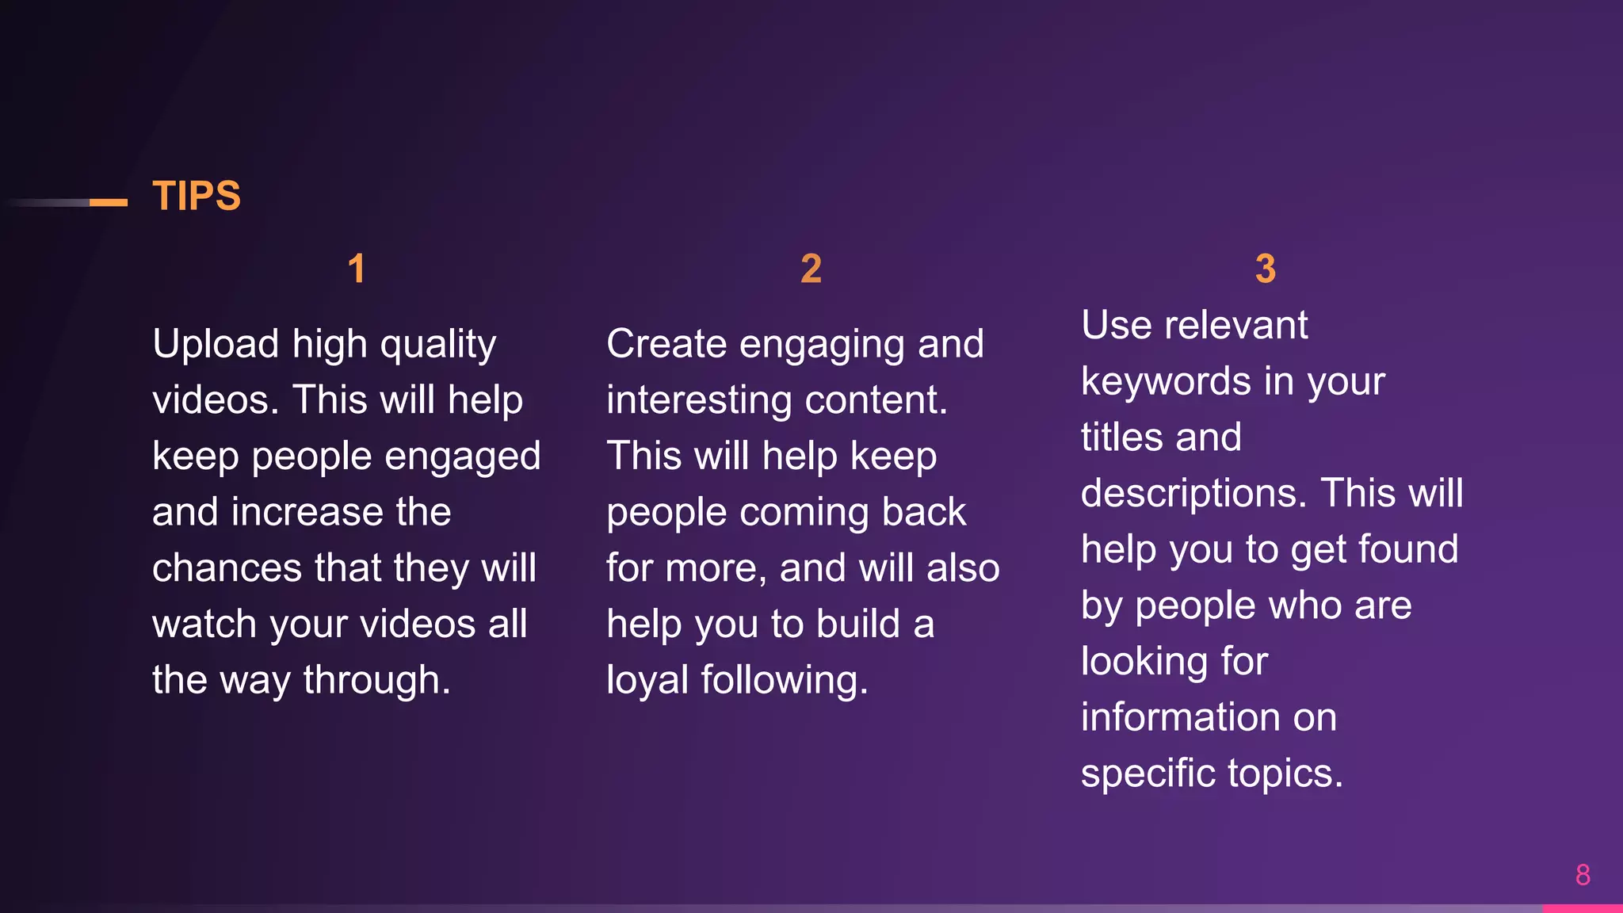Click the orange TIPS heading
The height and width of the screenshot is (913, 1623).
coord(197,196)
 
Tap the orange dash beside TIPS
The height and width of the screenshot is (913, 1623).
coord(109,203)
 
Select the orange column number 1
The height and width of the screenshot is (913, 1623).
coord(357,269)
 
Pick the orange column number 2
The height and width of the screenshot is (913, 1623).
coord(811,269)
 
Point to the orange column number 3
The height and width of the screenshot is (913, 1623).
coord(1266,269)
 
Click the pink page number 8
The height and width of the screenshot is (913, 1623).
coord(1583,875)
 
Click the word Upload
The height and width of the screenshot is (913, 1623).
coord(216,345)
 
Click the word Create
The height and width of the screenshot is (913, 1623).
coord(666,345)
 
